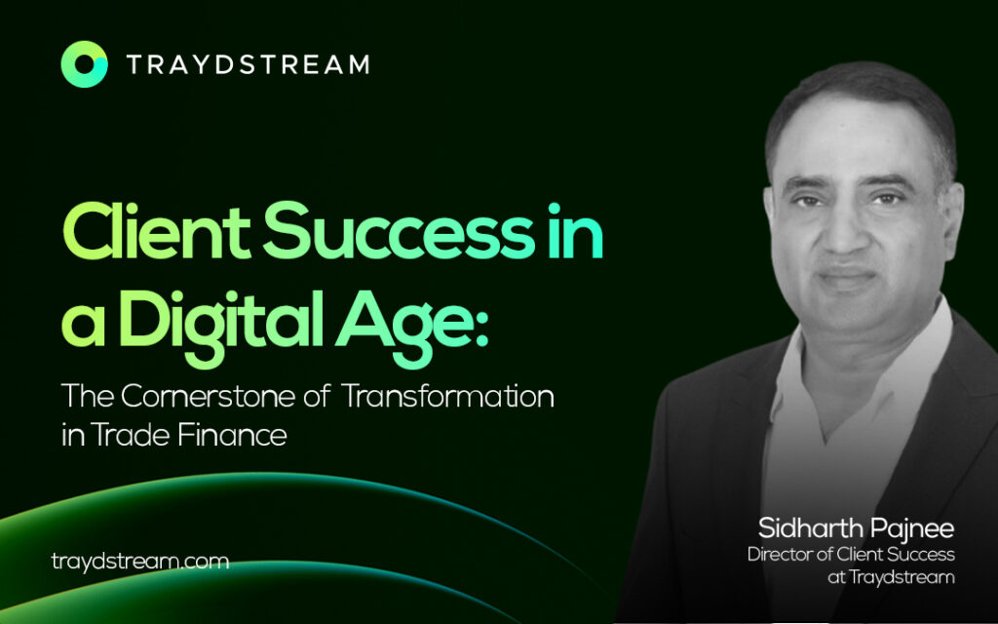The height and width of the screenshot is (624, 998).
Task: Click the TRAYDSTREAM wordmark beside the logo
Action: pyautogui.click(x=248, y=65)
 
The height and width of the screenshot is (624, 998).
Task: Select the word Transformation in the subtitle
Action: pyautogui.click(x=448, y=396)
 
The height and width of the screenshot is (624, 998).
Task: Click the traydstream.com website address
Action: pyautogui.click(x=140, y=562)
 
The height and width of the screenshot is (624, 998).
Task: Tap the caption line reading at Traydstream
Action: pyautogui.click(x=891, y=577)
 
